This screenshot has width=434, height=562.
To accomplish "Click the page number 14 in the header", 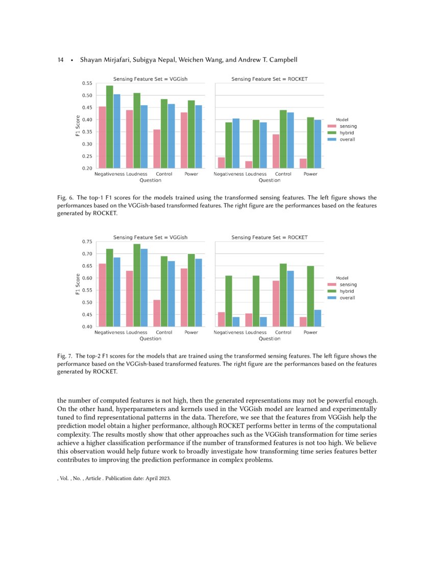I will [60, 60].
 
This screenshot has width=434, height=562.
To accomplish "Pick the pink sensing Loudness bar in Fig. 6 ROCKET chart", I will [249, 165].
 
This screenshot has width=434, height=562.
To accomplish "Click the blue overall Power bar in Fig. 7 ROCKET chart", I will [318, 318].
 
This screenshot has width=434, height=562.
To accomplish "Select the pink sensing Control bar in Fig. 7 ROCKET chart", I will [276, 303].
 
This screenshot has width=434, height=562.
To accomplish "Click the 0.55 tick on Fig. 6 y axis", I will [87, 83].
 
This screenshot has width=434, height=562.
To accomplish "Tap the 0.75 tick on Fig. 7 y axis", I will [87, 242].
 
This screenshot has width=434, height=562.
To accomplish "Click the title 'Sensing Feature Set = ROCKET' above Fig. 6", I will [269, 79].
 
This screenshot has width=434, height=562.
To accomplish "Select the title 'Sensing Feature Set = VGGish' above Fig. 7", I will [150, 237].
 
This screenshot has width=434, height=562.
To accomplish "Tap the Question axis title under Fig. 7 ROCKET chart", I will [269, 338].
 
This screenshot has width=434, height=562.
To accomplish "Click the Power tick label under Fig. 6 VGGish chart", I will [191, 174].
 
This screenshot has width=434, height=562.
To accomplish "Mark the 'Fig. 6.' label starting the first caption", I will [66, 197].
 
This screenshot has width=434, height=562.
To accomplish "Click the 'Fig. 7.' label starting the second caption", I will [66, 356].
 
